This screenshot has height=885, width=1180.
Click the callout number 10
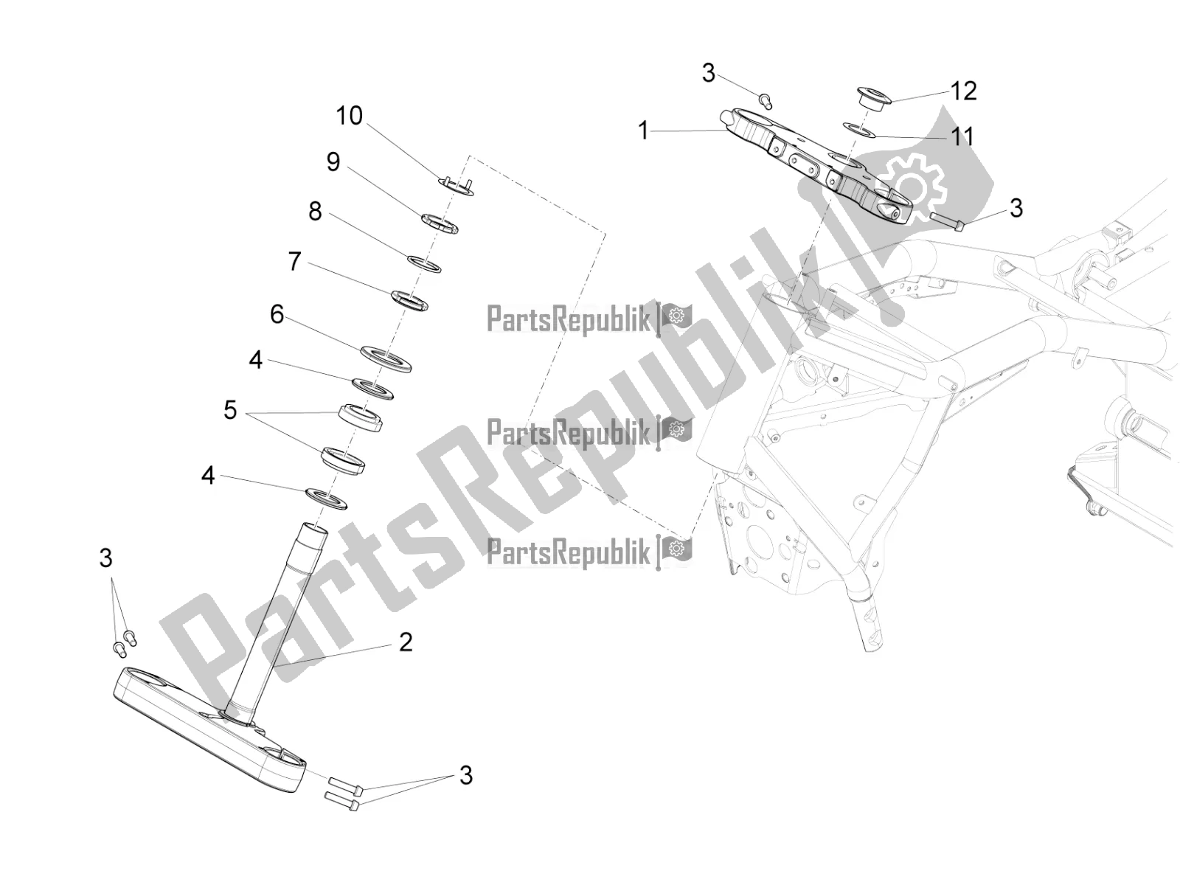[x=350, y=116]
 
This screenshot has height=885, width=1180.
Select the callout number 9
[x=333, y=162]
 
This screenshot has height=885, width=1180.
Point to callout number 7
[x=294, y=261]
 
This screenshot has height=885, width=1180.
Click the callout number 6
[x=277, y=314]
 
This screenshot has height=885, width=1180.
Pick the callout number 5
[x=230, y=410]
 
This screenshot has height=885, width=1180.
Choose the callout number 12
[x=964, y=91]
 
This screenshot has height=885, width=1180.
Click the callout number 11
[x=962, y=136]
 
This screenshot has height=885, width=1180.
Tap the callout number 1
[x=643, y=131]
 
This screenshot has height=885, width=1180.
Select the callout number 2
[x=406, y=642]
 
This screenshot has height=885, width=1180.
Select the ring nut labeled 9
[x=440, y=223]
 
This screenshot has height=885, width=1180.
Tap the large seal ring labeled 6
[x=386, y=359]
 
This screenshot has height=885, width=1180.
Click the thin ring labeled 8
[x=424, y=264]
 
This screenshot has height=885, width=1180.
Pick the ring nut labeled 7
[x=409, y=300]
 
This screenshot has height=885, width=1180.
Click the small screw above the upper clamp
[x=766, y=100]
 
